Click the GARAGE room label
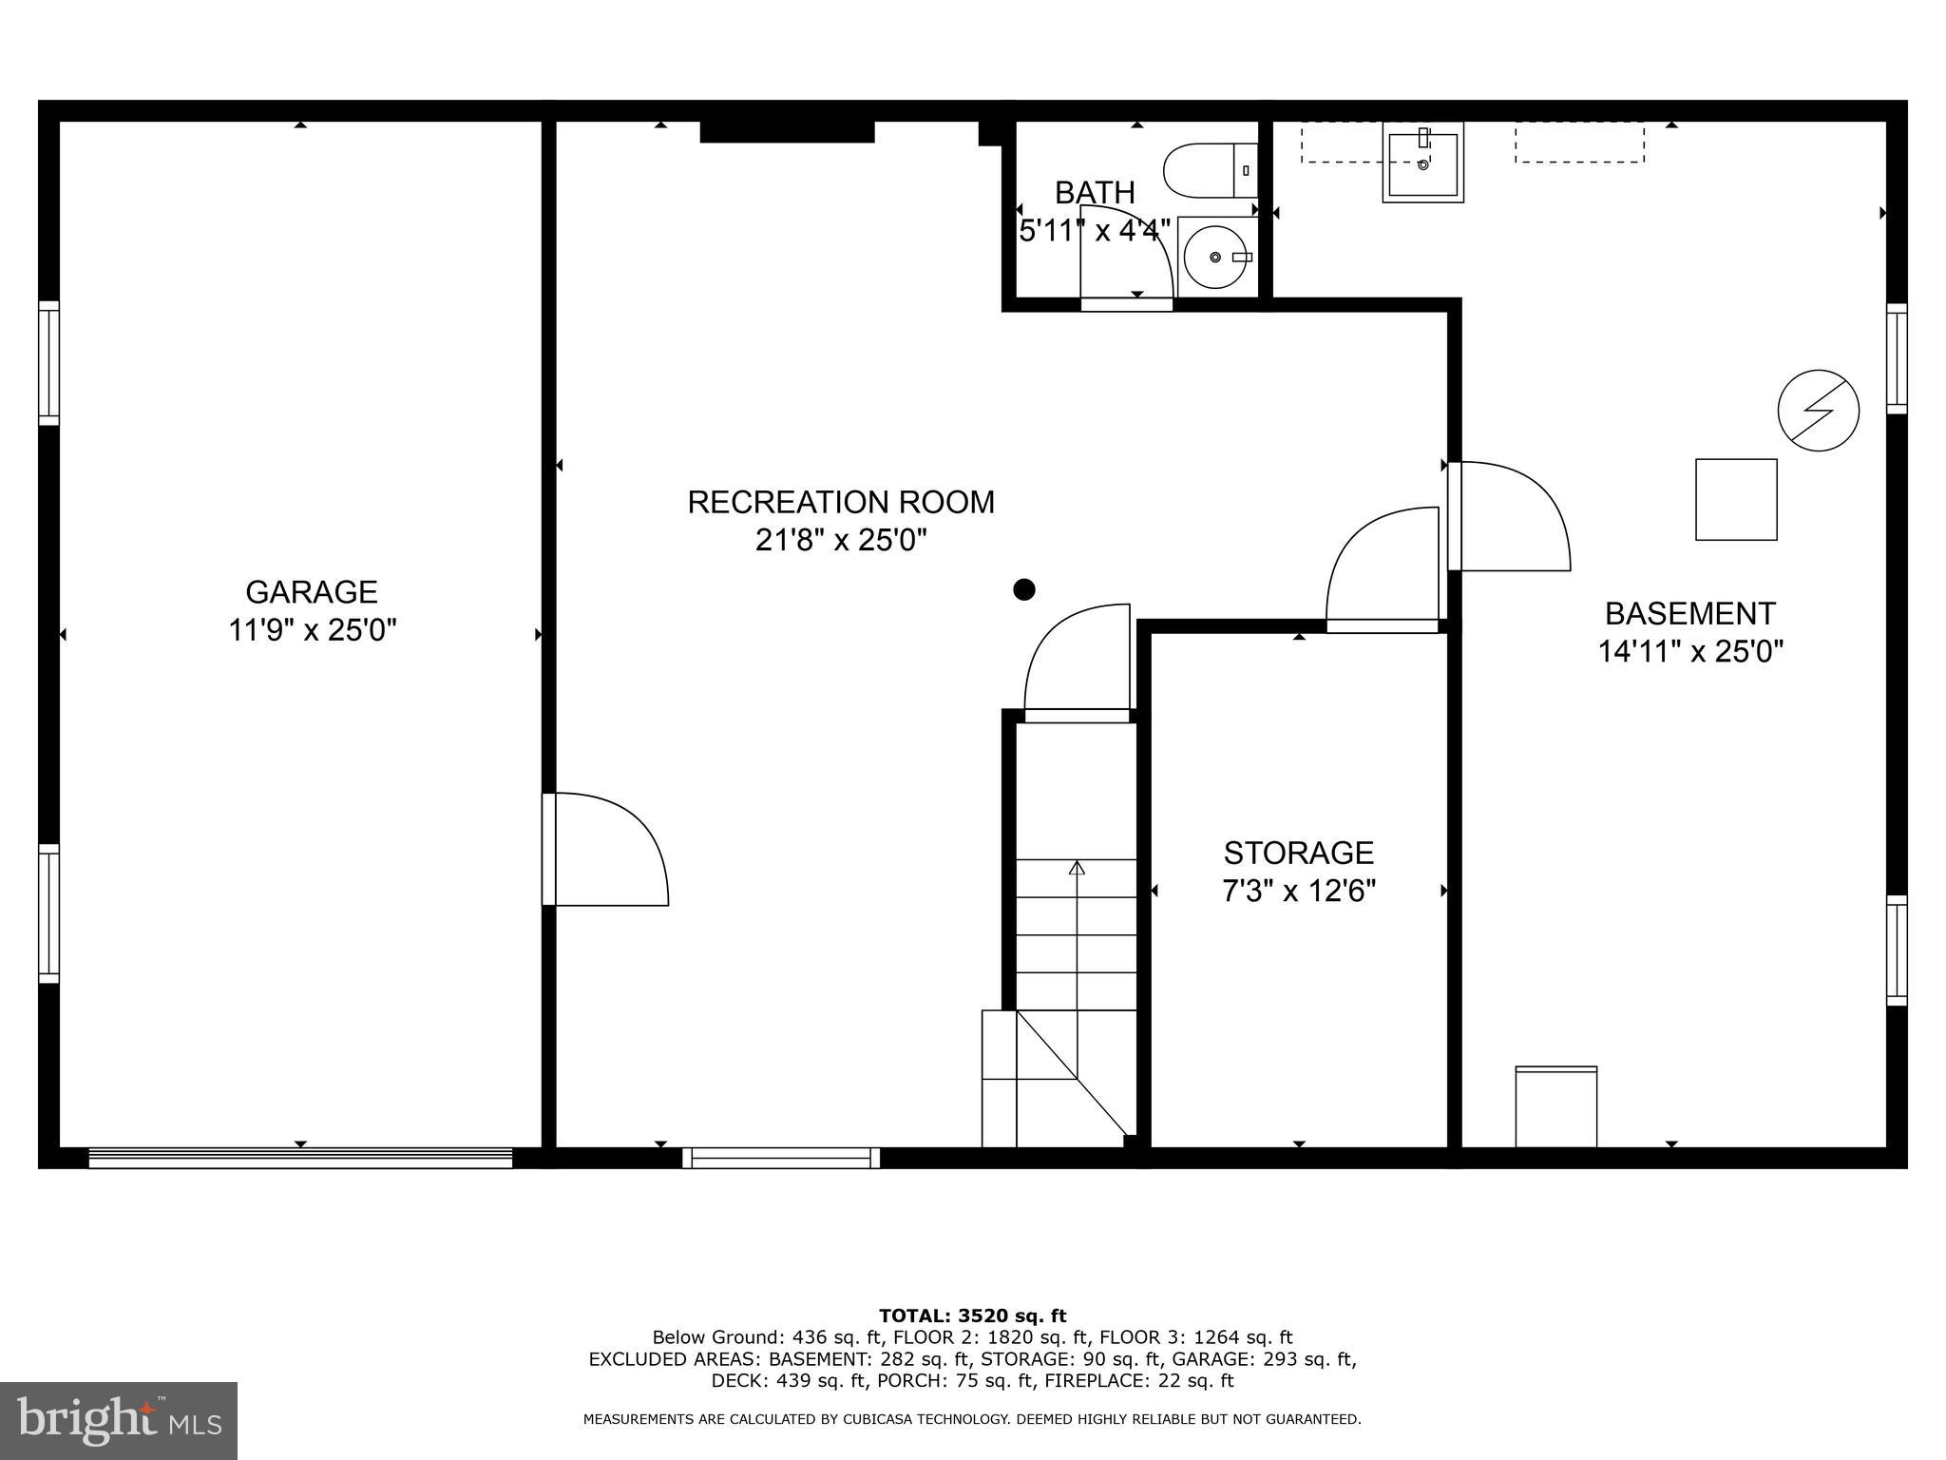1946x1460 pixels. (x=312, y=592)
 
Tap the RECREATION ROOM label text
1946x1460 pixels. (x=841, y=502)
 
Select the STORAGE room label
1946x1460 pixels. (x=1298, y=853)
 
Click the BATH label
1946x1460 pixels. (x=1095, y=193)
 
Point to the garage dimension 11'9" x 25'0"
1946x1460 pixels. (x=312, y=630)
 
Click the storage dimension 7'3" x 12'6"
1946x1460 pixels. (x=1298, y=892)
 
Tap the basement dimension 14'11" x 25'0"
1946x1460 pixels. (x=1690, y=652)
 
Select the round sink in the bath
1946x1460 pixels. (x=1217, y=257)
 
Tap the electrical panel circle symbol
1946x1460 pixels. (x=1818, y=410)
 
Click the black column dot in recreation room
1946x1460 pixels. (x=1023, y=589)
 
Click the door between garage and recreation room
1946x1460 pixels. (x=605, y=849)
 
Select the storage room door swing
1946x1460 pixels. (x=1383, y=567)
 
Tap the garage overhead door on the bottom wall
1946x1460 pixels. (x=300, y=1157)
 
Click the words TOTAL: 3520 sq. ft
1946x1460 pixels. (x=972, y=1316)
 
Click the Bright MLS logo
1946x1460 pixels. (x=119, y=1420)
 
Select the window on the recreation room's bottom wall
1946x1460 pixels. (x=781, y=1157)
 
